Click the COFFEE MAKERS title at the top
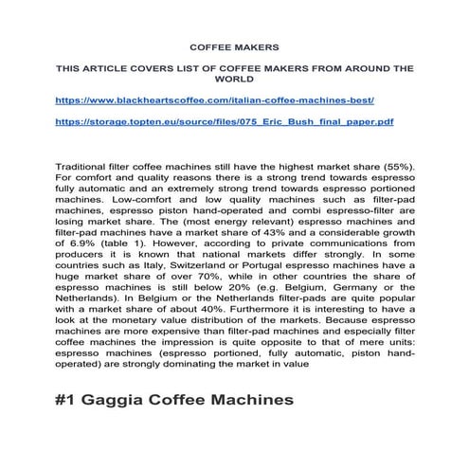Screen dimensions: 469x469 click(x=234, y=45)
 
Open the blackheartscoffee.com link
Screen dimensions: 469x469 click(x=216, y=99)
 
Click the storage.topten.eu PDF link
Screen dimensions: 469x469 click(x=225, y=121)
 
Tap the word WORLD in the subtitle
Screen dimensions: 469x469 click(x=234, y=80)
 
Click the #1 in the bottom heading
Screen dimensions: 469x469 click(x=68, y=401)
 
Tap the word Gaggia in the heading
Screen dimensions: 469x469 click(x=119, y=401)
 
